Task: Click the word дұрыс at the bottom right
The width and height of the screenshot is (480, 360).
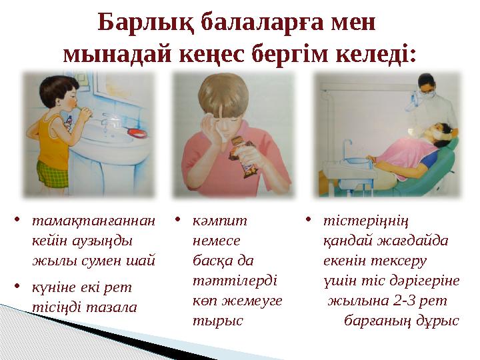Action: pos(439,319)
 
